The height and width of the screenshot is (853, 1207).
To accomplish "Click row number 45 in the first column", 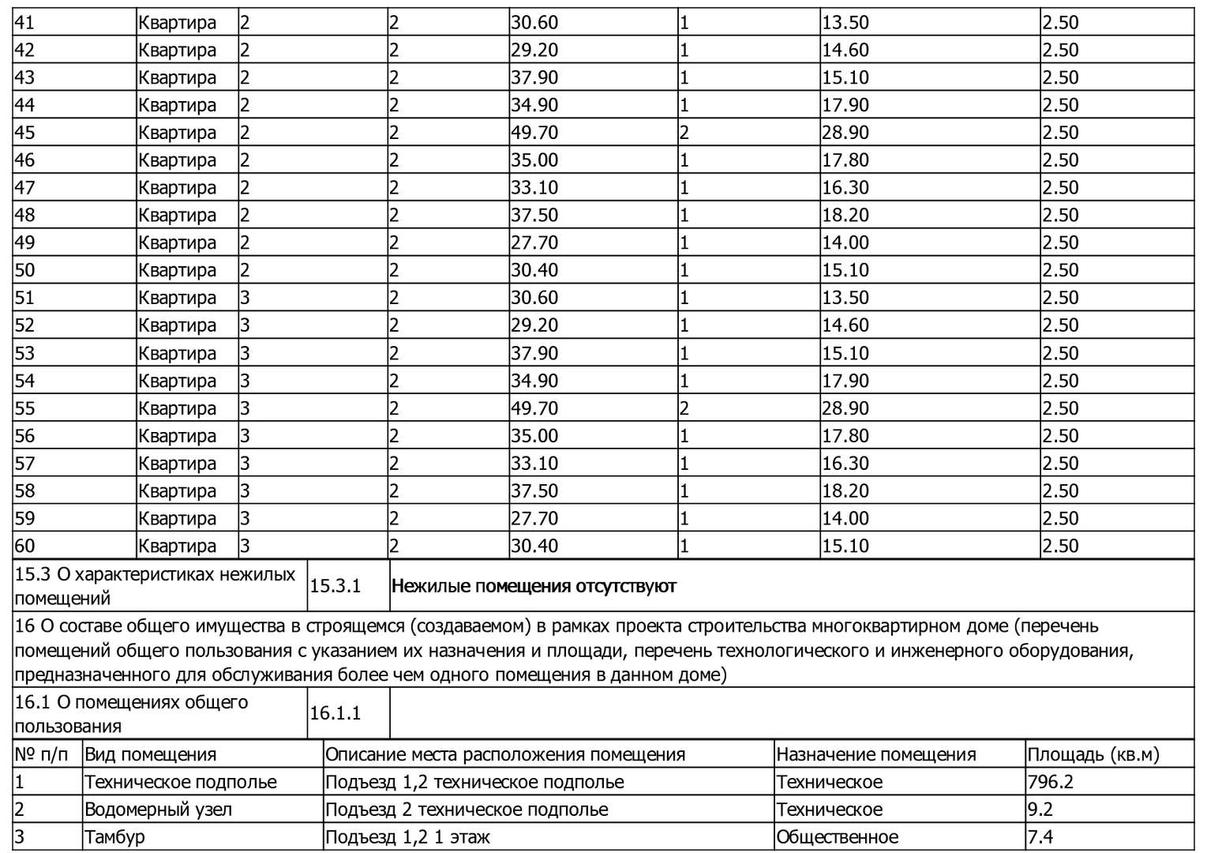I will [25, 133].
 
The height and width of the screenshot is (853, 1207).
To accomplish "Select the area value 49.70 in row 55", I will [534, 408].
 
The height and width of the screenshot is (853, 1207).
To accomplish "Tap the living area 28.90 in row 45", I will [845, 133].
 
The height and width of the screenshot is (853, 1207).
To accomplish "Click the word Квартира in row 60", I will [177, 546].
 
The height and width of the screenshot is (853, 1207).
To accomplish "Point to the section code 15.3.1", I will [335, 586].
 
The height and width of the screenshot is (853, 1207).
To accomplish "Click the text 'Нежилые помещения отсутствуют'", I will [534, 586].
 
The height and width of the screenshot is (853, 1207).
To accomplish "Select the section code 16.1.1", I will [335, 713].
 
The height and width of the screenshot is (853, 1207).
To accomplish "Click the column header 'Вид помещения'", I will [150, 754].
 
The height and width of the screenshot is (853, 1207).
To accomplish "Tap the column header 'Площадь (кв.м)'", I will [1093, 754].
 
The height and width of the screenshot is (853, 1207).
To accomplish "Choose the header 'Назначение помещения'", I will [875, 754].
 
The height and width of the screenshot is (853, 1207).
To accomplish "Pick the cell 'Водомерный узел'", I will [158, 810].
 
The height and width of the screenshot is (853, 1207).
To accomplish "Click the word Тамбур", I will [114, 837].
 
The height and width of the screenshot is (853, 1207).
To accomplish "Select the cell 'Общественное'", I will [837, 837].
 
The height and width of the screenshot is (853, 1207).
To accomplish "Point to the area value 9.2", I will [1040, 810].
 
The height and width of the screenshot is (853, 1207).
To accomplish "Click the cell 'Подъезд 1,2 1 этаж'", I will [407, 837].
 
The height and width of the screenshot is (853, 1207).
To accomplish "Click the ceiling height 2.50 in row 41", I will [1060, 23].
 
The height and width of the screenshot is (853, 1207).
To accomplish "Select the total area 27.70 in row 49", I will [534, 242].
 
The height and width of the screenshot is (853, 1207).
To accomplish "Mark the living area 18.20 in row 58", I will [845, 490].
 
